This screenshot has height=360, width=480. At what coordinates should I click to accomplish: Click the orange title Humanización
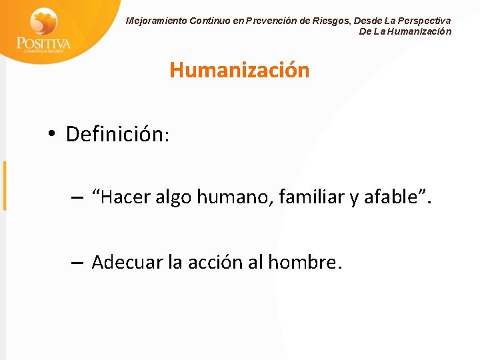(239, 70)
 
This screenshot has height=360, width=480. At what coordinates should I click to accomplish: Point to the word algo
(177, 197)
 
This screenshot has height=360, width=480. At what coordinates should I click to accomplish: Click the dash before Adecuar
(77, 263)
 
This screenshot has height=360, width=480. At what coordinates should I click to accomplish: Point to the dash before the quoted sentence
(77, 198)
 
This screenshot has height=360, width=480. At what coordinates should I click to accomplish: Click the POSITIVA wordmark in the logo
(43, 43)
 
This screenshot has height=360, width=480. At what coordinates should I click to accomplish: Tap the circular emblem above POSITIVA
(44, 21)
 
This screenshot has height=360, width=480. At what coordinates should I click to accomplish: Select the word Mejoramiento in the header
(156, 21)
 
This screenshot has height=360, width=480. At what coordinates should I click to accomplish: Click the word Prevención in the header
(271, 21)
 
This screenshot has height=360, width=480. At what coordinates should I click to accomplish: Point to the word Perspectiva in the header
(423, 21)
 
